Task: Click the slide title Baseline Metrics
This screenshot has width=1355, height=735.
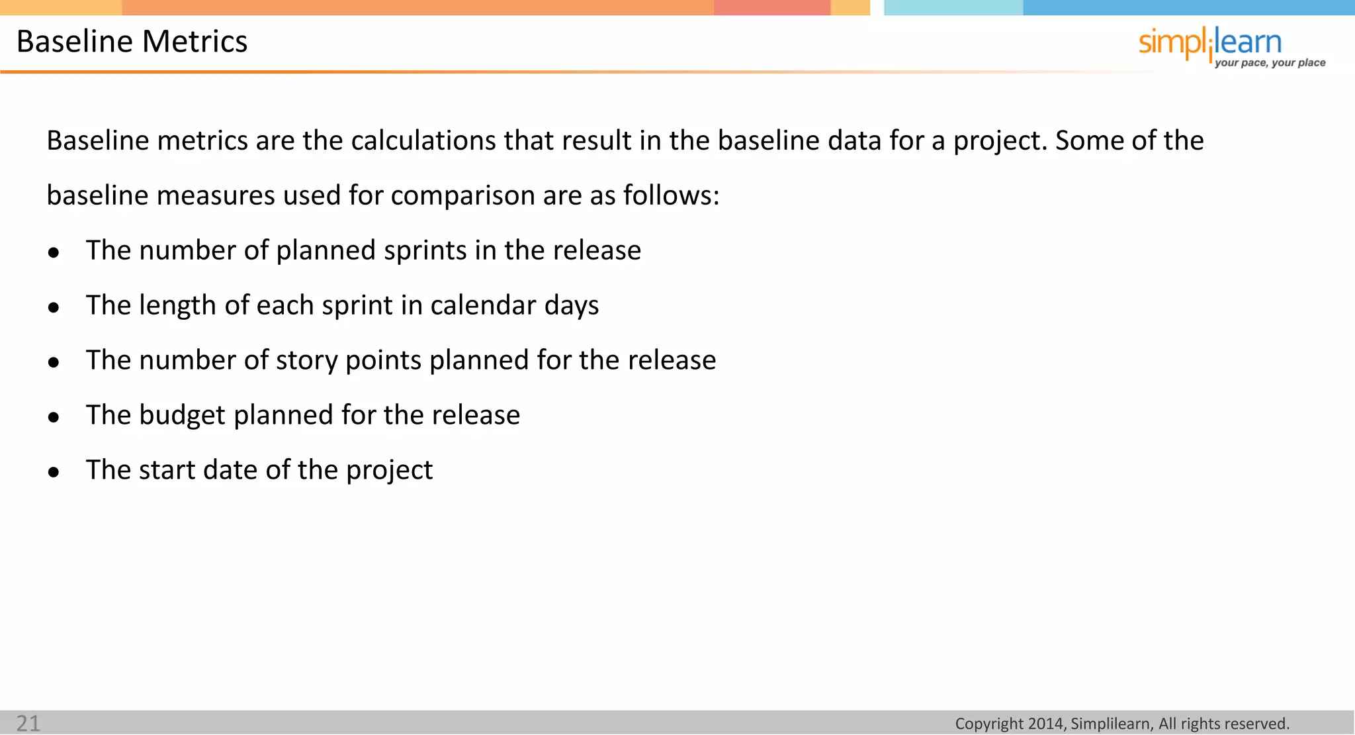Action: coord(132,41)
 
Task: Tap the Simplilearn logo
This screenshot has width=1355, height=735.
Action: coord(1209,44)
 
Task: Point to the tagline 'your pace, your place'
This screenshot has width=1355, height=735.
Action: coord(1270,63)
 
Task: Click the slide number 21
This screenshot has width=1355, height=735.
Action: coord(28,723)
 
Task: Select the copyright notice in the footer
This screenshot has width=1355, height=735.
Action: coord(1122,724)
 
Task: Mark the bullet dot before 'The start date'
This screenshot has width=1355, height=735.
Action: coord(54,472)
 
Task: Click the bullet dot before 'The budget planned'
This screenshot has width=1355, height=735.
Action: coord(54,417)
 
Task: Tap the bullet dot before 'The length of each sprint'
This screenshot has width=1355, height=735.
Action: coord(54,307)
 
